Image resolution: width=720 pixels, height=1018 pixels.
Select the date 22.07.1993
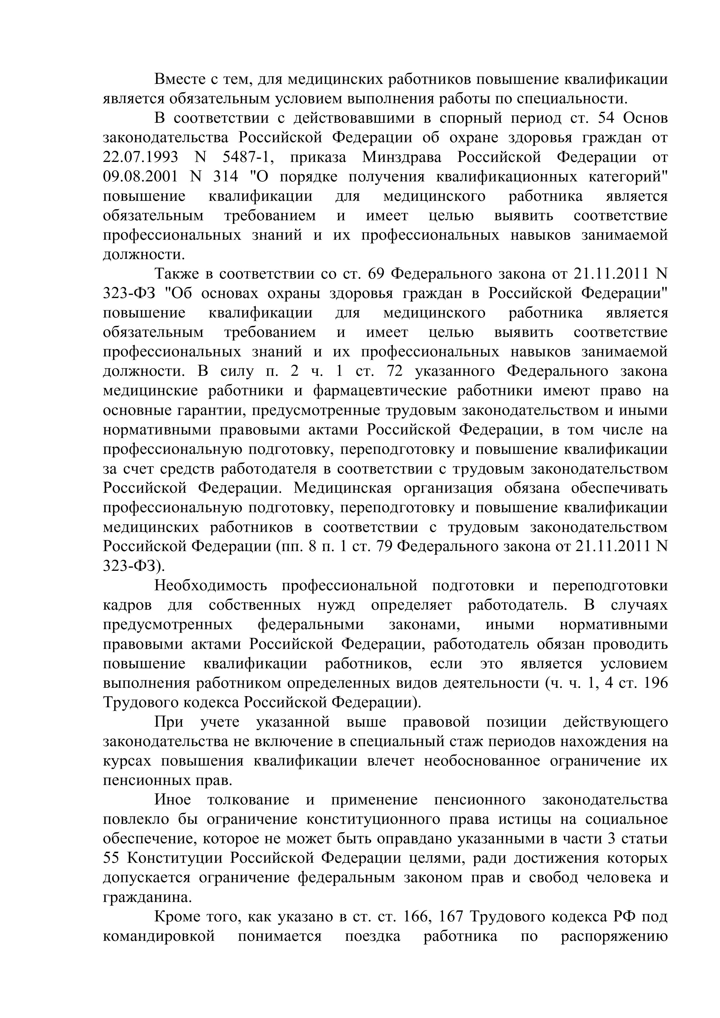click(140, 157)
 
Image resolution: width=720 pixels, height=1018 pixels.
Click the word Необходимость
click(211, 586)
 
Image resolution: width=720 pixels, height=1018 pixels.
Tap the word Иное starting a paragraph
click(172, 800)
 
